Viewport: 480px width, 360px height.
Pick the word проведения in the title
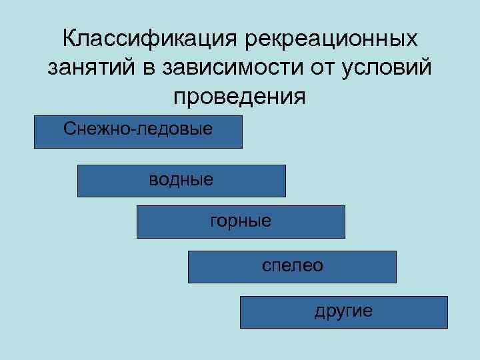[x=240, y=97]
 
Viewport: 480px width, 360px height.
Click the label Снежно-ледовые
[x=139, y=127]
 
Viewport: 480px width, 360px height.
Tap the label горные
[x=241, y=220]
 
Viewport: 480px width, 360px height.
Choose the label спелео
[x=293, y=265]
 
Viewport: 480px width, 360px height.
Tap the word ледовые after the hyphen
[x=175, y=127]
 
